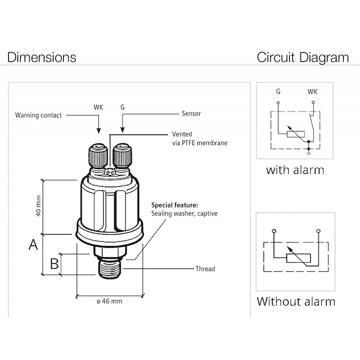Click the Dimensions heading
41,58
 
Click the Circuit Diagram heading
303,58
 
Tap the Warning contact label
38,115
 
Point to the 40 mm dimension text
37,205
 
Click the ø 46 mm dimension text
109,301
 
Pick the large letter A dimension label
34,244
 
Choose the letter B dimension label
54,263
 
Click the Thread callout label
205,269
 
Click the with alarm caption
295,170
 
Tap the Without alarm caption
296,301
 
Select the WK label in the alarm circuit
312,92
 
